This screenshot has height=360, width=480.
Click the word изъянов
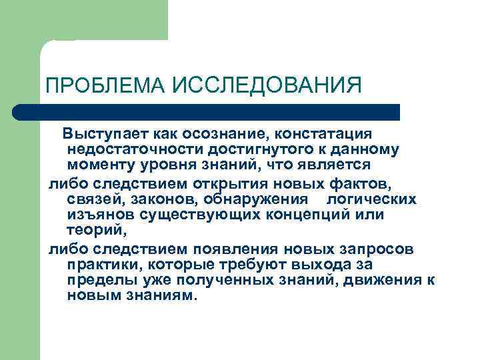pos(99,215)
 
